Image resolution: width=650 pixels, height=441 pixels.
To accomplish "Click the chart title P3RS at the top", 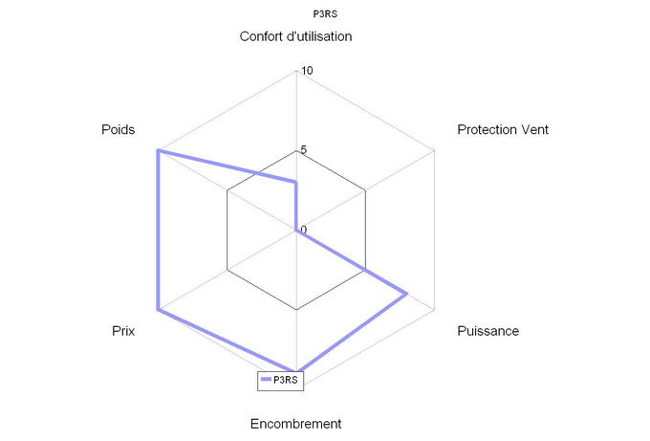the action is (x=325, y=14).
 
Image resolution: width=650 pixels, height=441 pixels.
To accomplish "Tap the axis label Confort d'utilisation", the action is (x=295, y=36).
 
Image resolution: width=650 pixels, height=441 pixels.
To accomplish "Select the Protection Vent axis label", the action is (x=503, y=129).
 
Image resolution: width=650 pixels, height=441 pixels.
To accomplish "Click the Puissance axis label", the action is (x=487, y=331).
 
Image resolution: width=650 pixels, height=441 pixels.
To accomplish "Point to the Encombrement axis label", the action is (x=295, y=424).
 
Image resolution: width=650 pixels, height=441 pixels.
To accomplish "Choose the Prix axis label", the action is (x=123, y=331).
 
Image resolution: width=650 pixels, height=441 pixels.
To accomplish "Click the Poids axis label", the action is (x=119, y=129).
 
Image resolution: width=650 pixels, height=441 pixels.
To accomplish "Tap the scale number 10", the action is (x=307, y=71).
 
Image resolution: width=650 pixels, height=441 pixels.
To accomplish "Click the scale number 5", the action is (x=303, y=150).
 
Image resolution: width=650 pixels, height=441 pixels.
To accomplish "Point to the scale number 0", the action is (x=304, y=230).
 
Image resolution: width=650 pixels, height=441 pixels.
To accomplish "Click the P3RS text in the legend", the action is (x=285, y=380).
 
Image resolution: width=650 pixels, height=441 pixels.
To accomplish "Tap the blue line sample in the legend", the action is (x=266, y=380).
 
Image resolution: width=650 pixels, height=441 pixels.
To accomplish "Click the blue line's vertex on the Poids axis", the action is (x=158, y=150).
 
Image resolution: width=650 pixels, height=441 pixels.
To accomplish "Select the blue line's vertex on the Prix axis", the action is (x=158, y=310).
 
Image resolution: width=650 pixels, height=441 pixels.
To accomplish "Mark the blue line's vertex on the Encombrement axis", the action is (x=296, y=370).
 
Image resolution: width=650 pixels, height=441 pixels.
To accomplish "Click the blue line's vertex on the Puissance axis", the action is (x=406, y=294).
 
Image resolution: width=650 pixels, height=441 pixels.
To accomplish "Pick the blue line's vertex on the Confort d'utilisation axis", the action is (x=296, y=182).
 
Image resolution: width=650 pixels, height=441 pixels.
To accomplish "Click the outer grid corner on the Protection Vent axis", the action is (x=434, y=150).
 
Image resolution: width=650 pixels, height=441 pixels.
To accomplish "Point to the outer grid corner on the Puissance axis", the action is (x=434, y=310).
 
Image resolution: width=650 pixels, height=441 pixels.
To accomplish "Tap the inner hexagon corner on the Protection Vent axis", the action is (x=365, y=190).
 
